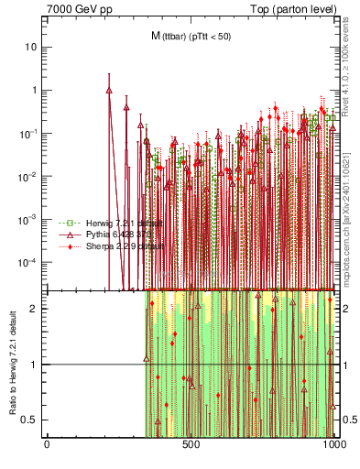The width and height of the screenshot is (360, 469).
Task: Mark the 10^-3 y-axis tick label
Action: (30, 219)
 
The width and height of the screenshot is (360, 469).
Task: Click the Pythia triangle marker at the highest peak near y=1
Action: (109, 91)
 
